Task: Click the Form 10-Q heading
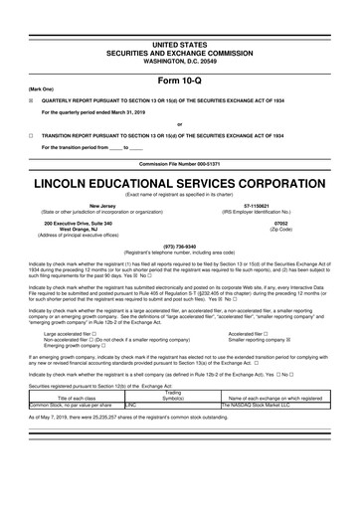tap(180, 53)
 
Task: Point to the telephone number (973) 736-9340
tap(180, 247)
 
